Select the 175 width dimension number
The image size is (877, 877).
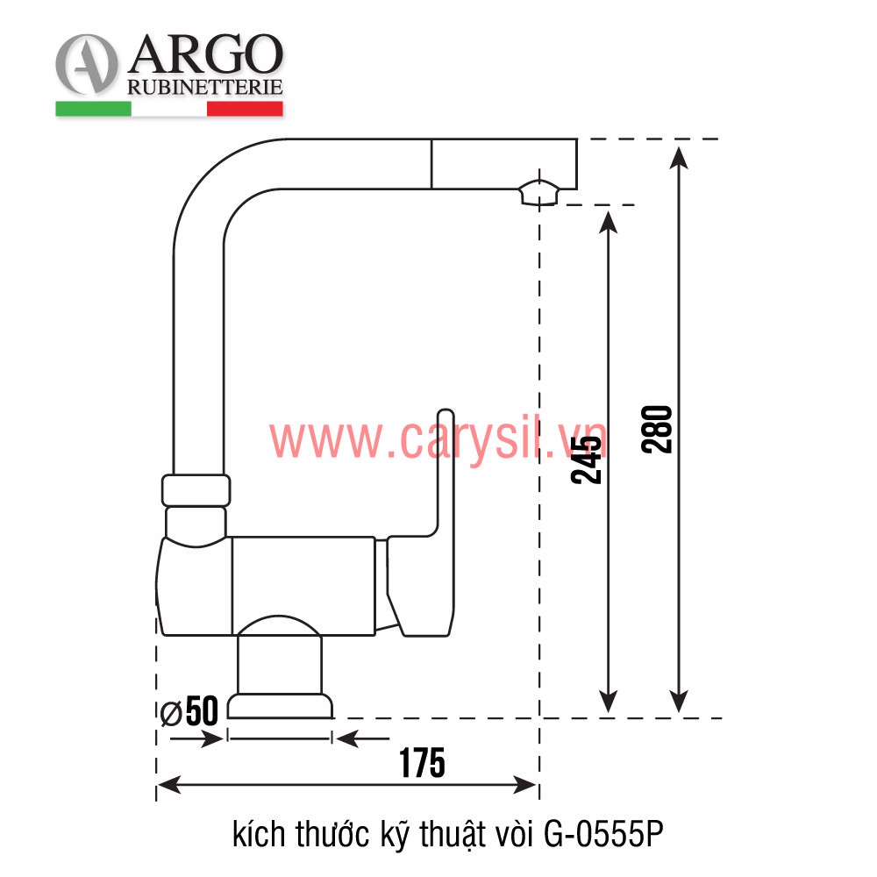pos(422,763)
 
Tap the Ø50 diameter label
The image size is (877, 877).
pos(190,711)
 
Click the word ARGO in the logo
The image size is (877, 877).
pos(205,57)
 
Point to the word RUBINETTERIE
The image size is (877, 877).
pos(204,87)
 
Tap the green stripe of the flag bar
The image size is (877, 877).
pos(93,109)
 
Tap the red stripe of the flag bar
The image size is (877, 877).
pos(245,109)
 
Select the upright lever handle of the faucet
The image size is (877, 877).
pos(445,474)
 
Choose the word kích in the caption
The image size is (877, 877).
pos(256,834)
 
